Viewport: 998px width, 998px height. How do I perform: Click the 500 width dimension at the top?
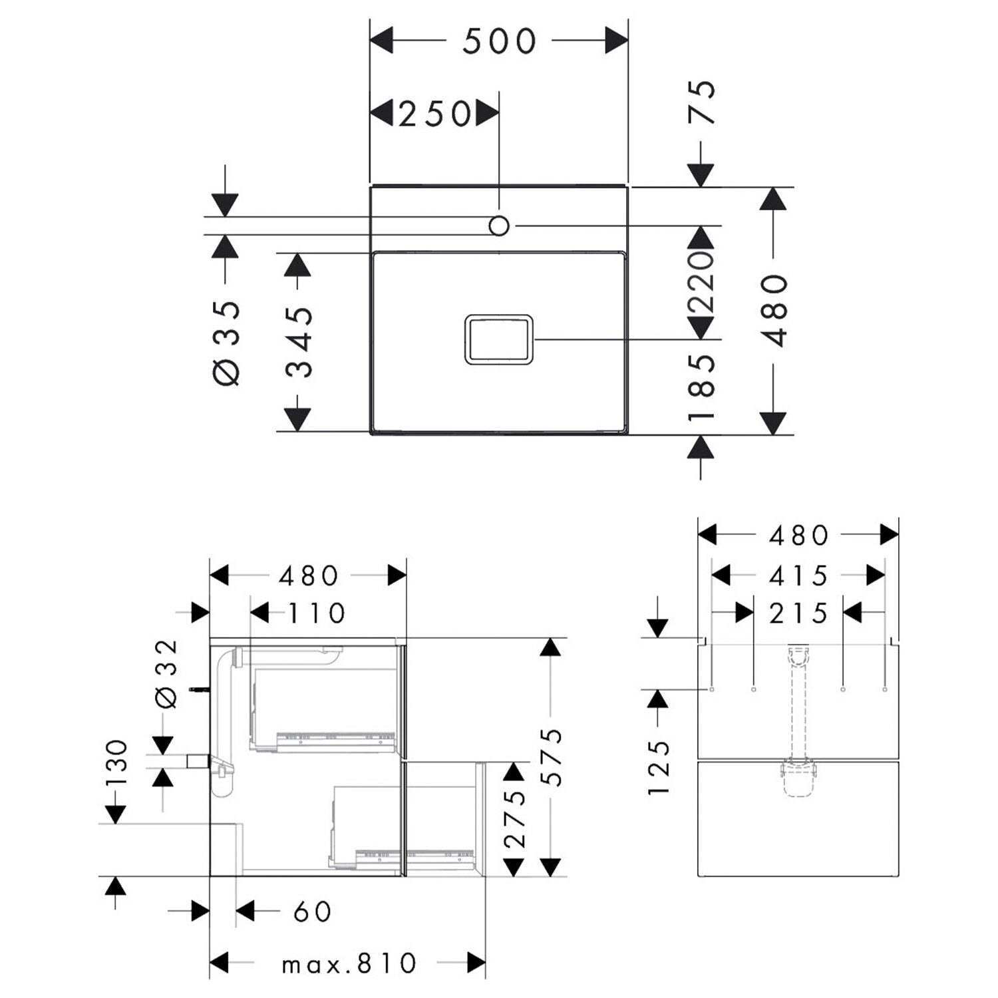tap(499, 41)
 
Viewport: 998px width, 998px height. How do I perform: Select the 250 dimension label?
tap(434, 114)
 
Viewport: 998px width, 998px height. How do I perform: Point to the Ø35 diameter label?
tap(226, 343)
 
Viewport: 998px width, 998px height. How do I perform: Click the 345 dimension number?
tap(299, 342)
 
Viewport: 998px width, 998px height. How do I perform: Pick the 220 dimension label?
tap(701, 282)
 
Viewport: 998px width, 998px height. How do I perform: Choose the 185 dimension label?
tap(702, 388)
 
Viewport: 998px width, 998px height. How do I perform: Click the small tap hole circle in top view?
tap(499, 226)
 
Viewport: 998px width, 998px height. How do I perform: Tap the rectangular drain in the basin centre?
tap(499, 339)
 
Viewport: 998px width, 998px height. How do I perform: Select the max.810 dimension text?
tap(349, 963)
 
